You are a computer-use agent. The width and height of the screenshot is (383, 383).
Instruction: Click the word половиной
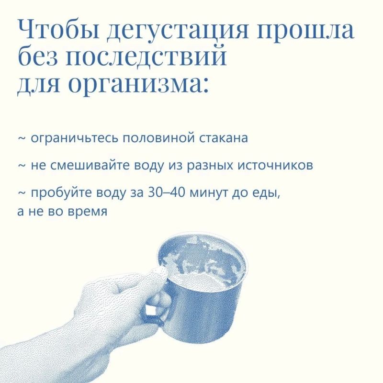tap(159, 138)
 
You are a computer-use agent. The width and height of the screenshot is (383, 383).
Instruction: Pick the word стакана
tap(224, 138)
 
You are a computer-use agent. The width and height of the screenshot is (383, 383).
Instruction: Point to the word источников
tap(275, 166)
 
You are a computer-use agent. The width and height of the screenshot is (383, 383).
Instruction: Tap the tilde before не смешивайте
tap(22, 166)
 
